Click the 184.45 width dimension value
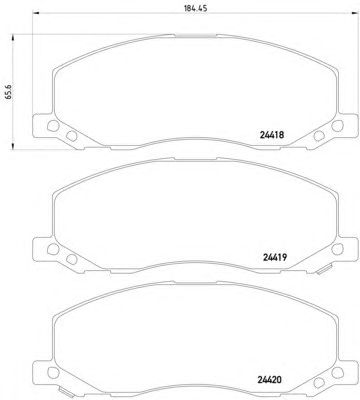[x=196, y=9]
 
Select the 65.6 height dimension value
[x=9, y=91]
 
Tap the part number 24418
[x=271, y=135]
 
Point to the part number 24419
[x=275, y=257]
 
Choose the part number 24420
[x=270, y=379]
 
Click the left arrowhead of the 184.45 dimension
[x=36, y=14]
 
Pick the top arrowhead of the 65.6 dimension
[x=13, y=37]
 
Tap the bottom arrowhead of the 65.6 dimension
[x=13, y=146]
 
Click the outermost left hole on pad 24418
[x=53, y=125]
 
